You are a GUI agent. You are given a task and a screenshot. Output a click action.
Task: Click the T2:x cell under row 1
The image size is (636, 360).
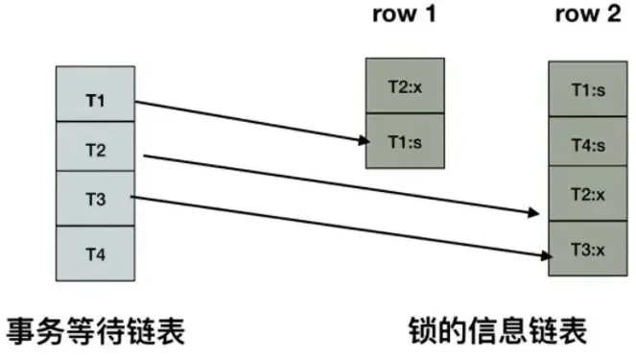click(x=406, y=85)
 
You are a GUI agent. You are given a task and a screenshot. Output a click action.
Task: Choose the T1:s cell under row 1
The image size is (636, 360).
click(x=406, y=141)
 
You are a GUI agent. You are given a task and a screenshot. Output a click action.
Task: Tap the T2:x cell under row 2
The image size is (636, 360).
click(x=587, y=194)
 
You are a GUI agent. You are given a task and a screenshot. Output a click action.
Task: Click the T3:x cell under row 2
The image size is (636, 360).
click(x=587, y=248)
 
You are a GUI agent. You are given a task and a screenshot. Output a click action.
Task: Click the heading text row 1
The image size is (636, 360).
click(x=405, y=17)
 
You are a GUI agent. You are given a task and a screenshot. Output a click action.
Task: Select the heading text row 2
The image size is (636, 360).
click(x=586, y=17)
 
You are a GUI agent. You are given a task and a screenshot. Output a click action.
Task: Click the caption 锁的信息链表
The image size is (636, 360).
click(x=496, y=333)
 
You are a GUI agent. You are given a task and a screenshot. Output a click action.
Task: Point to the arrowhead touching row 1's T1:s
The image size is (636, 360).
click(x=364, y=140)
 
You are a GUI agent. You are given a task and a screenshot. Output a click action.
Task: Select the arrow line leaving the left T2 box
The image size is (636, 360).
click(x=336, y=182)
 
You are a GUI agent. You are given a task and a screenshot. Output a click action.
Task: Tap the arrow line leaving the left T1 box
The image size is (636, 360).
click(x=249, y=120)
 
